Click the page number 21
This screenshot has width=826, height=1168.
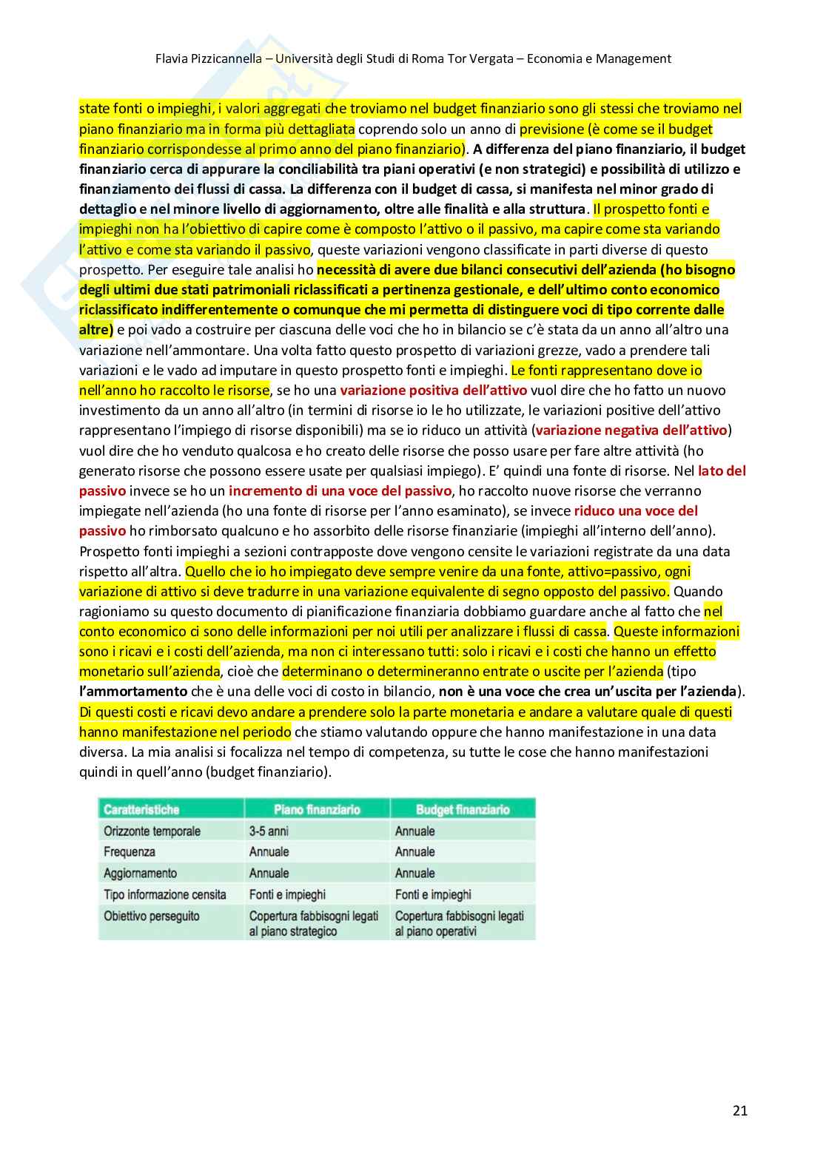pyautogui.click(x=739, y=1110)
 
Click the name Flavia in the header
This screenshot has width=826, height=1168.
pyautogui.click(x=172, y=58)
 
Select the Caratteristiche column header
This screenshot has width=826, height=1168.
pyautogui.click(x=141, y=809)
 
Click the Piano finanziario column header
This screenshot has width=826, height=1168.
pyautogui.click(x=317, y=809)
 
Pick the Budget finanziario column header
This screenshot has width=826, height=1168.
pyautogui.click(x=463, y=809)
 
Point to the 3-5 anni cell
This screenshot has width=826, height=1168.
pyautogui.click(x=269, y=831)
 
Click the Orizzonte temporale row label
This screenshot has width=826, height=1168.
pyautogui.click(x=152, y=831)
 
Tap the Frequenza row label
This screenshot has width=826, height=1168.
pyautogui.click(x=130, y=851)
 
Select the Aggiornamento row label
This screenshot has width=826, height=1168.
pyautogui.click(x=141, y=873)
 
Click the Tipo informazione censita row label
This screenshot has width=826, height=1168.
pyautogui.click(x=165, y=894)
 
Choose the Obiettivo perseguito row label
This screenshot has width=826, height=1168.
pyautogui.click(x=152, y=916)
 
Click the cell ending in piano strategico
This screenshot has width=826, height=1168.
pyautogui.click(x=313, y=923)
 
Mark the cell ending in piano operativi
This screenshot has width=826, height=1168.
pyautogui.click(x=459, y=923)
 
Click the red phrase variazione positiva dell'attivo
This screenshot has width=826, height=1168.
pyautogui.click(x=434, y=390)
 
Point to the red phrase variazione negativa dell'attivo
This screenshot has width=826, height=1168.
pyautogui.click(x=631, y=430)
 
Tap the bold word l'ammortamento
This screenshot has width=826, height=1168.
pyautogui.click(x=133, y=691)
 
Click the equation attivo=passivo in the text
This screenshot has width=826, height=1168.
pyautogui.click(x=607, y=571)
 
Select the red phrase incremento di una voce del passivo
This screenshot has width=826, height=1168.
pyautogui.click(x=340, y=490)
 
